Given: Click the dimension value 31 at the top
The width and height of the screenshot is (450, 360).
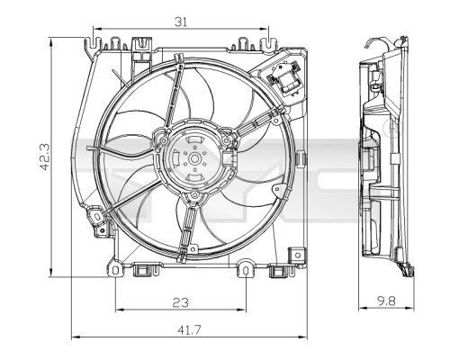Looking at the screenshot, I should click(x=181, y=22).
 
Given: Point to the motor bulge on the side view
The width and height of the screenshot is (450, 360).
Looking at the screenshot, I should click(x=369, y=162).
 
